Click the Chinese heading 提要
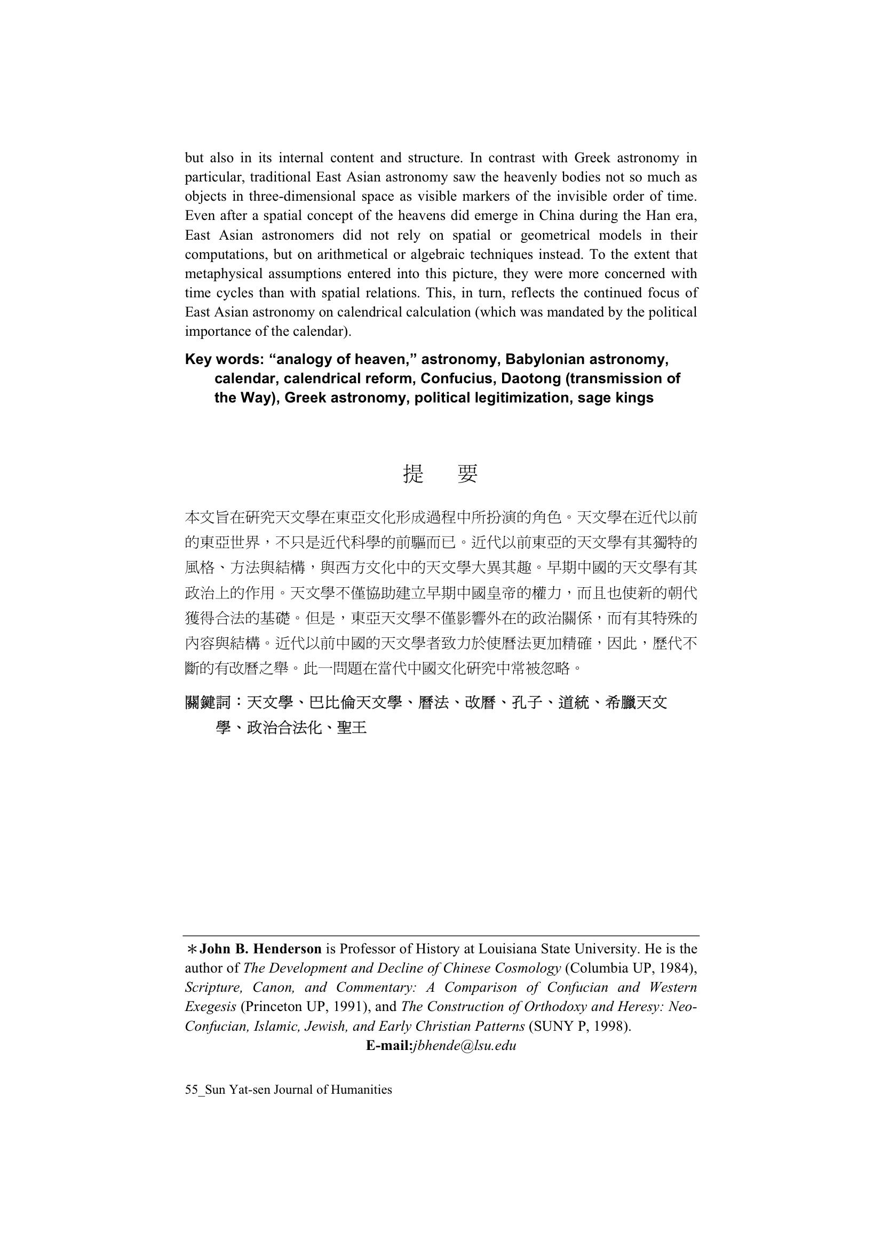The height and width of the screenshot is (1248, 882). click(440, 474)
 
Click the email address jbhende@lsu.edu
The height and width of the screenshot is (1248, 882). click(465, 1045)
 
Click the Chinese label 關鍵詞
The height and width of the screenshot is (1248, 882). click(208, 703)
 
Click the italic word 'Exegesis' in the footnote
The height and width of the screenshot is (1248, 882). click(210, 1007)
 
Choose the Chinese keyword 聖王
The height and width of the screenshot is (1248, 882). click(352, 728)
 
